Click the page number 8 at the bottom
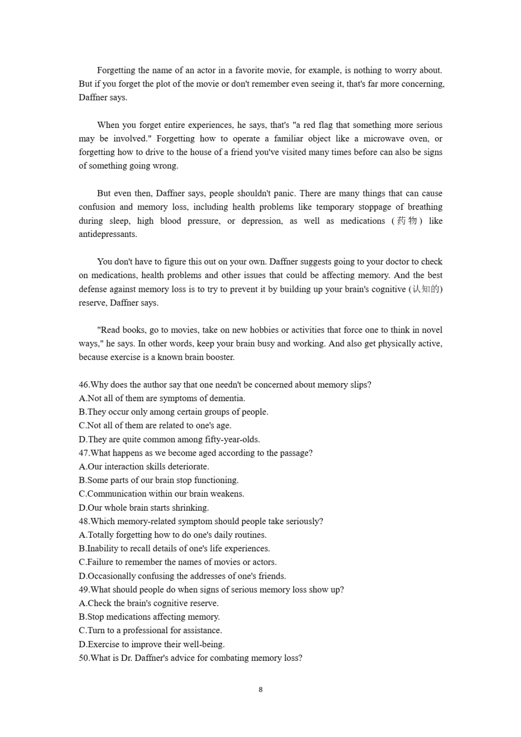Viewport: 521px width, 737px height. coord(260,689)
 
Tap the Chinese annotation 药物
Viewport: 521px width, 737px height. coord(407,221)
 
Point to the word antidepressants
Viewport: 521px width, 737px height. coord(107,234)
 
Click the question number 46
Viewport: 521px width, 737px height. coord(84,385)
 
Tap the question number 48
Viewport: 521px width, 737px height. coord(84,521)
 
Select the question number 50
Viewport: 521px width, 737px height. coord(84,658)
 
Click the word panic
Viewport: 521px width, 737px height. coord(283,193)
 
